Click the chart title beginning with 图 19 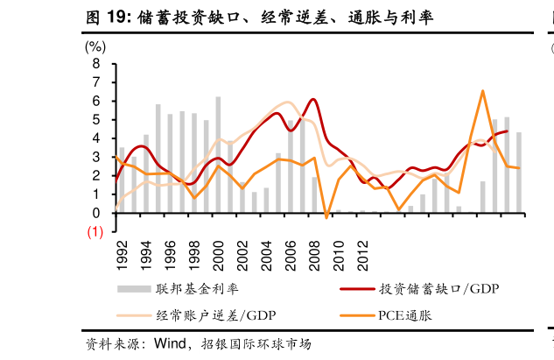point(258,17)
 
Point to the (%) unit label point(95,46)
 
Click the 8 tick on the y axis point(96,65)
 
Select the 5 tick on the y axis point(96,120)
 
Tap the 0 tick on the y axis point(96,213)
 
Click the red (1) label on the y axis point(95,232)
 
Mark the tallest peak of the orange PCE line point(482,90)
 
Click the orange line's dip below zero point(326,216)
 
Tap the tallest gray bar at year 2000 point(218,154)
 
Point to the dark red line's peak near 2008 point(313,99)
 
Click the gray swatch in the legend point(131,288)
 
